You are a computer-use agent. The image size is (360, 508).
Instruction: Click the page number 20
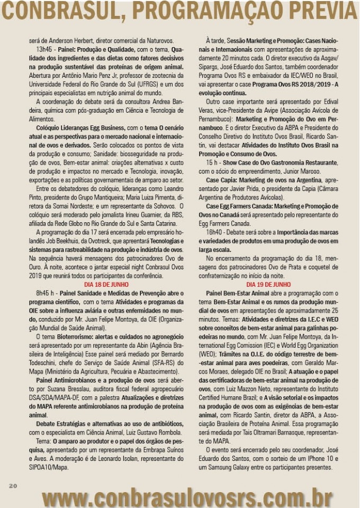13,486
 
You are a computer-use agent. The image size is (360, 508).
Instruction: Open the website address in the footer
188,497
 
